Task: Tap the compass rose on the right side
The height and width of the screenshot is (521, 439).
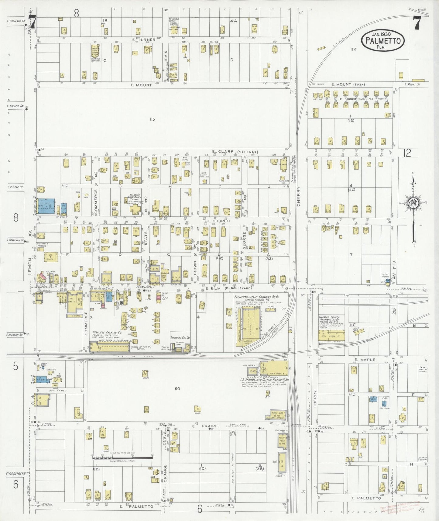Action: coord(413,203)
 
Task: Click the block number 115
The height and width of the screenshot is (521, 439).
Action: coord(152,119)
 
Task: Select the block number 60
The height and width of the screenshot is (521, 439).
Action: coord(177,388)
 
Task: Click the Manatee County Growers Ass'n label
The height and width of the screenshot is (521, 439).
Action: coord(331,319)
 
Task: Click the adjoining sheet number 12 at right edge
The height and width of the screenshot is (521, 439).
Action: coord(407,153)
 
